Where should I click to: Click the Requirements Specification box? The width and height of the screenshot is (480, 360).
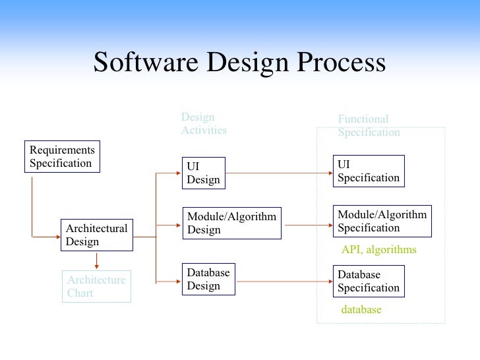point(63,157)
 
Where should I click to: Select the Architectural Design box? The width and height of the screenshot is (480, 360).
point(96,235)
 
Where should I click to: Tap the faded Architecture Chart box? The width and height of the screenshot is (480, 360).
point(96,287)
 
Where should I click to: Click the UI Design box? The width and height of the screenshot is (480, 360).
point(204,173)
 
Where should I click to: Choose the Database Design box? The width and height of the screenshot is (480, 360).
point(208,280)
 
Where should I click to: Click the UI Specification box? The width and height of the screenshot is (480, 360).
point(368,171)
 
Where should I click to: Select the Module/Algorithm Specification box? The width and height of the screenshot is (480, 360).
point(382,222)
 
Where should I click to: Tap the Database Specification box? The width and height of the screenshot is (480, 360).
point(368,282)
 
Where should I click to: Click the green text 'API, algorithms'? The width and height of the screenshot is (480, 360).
point(378,250)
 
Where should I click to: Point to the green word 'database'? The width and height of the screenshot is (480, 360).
point(361,309)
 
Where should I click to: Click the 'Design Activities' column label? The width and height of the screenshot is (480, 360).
point(204,124)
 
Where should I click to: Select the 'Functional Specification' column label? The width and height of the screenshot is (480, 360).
point(369,126)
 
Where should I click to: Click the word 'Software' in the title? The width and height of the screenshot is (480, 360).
point(147,63)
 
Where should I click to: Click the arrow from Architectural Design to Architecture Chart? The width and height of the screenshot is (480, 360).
point(98,260)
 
